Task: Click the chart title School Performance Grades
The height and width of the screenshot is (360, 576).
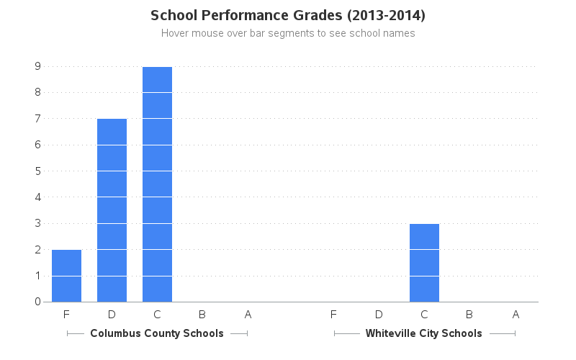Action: (x=287, y=15)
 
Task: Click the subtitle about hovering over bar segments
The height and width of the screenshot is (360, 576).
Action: (x=287, y=33)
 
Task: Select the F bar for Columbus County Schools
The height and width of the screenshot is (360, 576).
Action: (x=66, y=276)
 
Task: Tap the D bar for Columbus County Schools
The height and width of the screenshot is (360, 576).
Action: (x=112, y=210)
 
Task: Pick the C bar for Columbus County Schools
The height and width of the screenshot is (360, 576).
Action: (x=157, y=184)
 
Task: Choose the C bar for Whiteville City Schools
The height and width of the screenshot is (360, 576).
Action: (x=424, y=263)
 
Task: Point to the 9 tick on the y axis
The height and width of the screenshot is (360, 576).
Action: (x=37, y=66)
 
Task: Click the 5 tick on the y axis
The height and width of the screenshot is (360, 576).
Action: (x=37, y=171)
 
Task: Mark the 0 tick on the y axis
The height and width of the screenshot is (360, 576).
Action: (x=37, y=302)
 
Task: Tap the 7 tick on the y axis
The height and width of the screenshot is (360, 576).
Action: (x=37, y=119)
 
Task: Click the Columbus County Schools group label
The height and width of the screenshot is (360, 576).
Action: (x=157, y=333)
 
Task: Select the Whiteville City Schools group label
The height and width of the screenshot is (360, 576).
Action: (x=424, y=333)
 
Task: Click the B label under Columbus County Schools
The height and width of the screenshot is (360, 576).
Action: (x=202, y=315)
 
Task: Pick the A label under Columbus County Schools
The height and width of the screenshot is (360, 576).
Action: (x=248, y=315)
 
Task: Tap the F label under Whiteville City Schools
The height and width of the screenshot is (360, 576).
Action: (x=333, y=315)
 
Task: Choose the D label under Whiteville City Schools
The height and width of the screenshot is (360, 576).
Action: (x=379, y=315)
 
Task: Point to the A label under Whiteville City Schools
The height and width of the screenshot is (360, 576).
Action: (x=516, y=315)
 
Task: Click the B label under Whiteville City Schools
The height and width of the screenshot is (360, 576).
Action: (x=469, y=315)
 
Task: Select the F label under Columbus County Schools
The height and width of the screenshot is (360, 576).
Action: (x=66, y=315)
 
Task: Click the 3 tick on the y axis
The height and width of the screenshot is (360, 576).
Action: (x=37, y=223)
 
